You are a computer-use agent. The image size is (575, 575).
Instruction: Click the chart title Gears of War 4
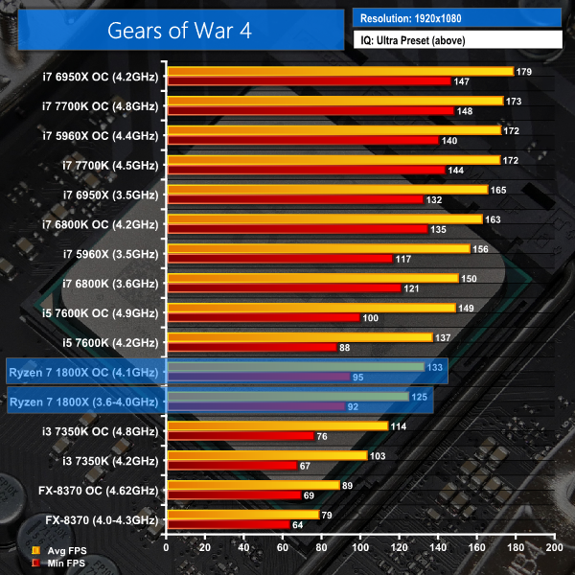coord(174,30)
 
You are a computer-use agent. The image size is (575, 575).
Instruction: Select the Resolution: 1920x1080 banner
coord(456,18)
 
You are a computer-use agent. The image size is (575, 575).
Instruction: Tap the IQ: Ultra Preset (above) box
coord(456,40)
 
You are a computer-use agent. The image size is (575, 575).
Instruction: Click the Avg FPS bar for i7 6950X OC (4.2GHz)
coord(340,71)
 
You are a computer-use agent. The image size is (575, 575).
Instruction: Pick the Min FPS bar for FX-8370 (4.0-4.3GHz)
coord(228,525)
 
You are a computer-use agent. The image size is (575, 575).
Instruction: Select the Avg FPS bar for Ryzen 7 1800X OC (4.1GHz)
coord(295,366)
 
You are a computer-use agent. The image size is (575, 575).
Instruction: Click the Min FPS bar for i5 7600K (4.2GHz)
coord(252,347)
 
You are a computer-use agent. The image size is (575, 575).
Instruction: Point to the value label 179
coord(524,72)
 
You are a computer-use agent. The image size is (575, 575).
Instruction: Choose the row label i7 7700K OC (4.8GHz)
coord(101,106)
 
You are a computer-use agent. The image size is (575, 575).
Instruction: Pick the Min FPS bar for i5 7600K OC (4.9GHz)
coord(264,318)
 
